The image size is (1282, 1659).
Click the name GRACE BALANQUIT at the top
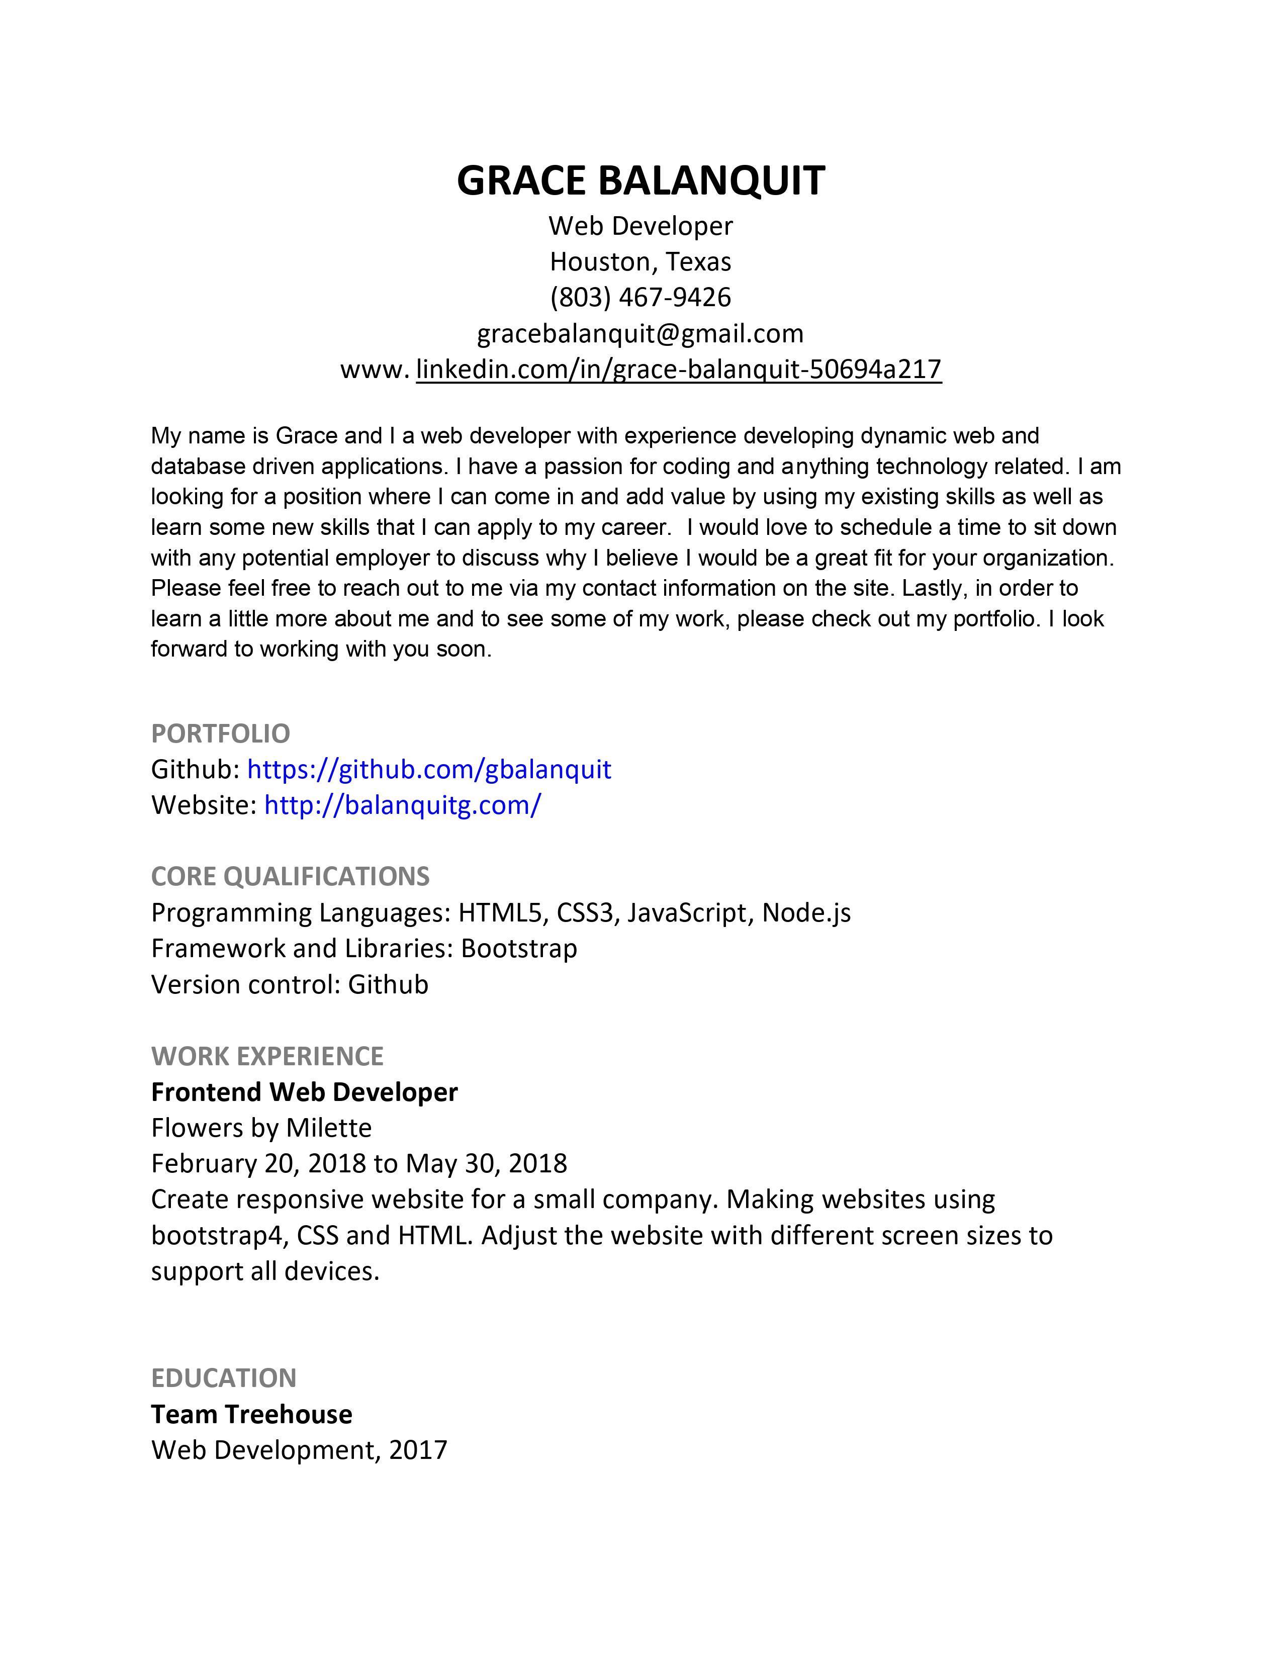pos(640,181)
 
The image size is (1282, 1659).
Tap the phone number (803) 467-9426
pos(640,297)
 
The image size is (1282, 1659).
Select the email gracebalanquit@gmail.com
pos(640,333)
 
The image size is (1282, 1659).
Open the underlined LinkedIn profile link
pos(678,369)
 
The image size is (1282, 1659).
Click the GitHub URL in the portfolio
pos(429,770)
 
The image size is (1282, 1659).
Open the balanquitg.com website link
pos(403,805)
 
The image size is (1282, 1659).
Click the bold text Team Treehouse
pos(251,1414)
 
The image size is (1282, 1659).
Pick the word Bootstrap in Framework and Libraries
pos(519,949)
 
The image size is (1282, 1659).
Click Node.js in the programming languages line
pos(806,912)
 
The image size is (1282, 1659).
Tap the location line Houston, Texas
pos(640,261)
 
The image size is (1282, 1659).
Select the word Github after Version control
pos(388,984)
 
